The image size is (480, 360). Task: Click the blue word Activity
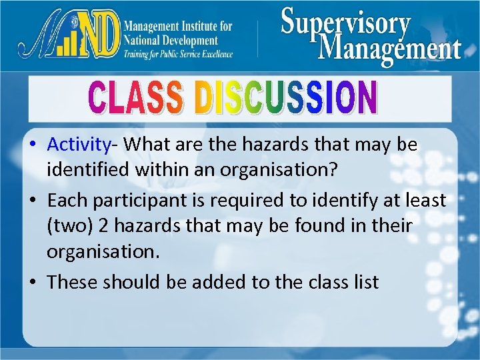78,144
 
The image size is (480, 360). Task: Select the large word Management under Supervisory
390,49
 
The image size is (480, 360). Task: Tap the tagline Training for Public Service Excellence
178,53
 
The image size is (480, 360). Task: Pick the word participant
143,199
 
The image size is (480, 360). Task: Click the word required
253,199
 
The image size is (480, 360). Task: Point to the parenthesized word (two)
69,227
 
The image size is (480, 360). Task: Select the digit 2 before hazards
103,227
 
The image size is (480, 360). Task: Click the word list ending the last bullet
366,282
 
